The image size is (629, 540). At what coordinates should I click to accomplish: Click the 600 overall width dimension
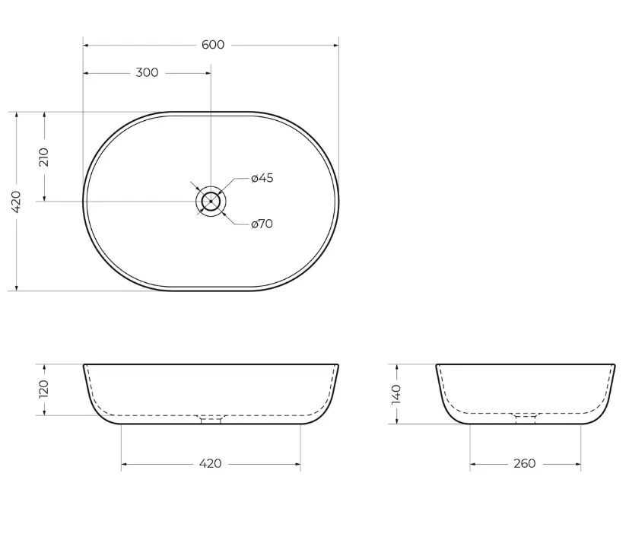coord(213,45)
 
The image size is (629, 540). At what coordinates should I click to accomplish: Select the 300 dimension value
coord(147,72)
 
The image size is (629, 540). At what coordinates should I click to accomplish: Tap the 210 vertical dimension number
coord(44,157)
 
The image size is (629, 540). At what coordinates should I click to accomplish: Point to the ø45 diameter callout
coord(262,178)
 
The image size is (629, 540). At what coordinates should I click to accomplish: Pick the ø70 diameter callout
coord(262,224)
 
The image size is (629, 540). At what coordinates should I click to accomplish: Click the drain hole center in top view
coord(211,201)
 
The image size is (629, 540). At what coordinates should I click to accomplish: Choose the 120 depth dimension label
coord(44,389)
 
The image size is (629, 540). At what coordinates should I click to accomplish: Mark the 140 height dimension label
coord(396,394)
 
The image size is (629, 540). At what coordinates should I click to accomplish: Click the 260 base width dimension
coord(525,464)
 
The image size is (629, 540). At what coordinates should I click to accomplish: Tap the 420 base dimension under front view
coord(210,464)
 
